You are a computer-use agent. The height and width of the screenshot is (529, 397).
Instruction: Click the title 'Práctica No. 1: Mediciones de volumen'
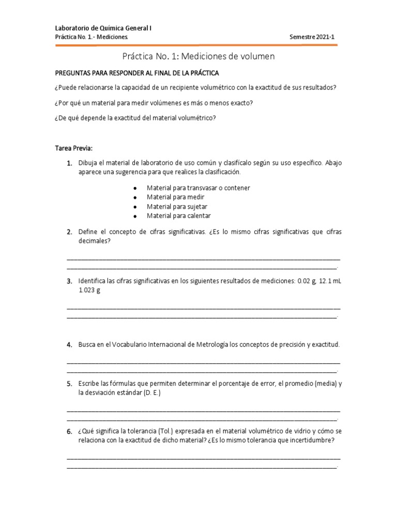(198, 56)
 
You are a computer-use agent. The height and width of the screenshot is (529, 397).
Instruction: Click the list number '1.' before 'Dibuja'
(69, 163)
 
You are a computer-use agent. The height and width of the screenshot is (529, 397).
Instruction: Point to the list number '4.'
(69, 344)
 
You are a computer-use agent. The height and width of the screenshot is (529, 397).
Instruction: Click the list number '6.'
(69, 431)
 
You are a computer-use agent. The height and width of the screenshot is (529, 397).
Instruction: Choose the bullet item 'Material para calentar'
(178, 216)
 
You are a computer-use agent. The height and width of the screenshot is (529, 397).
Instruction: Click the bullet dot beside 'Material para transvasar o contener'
(134, 189)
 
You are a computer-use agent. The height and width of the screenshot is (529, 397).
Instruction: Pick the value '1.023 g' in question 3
(89, 290)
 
